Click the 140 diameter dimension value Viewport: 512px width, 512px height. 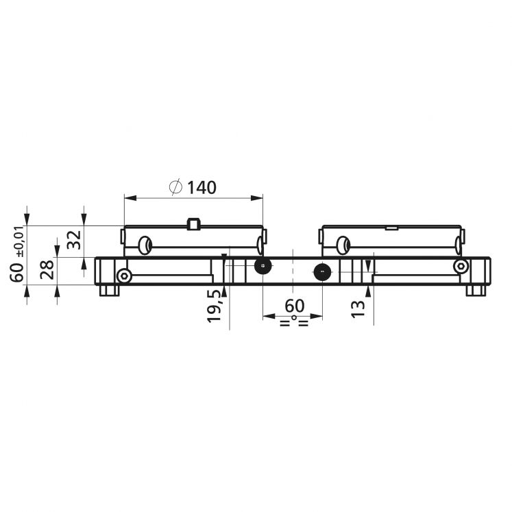pyautogui.click(x=202, y=187)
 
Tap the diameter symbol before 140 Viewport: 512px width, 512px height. pyautogui.click(x=175, y=187)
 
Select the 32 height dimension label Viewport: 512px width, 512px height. pyautogui.click(x=75, y=239)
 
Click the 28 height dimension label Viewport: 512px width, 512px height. pyautogui.click(x=47, y=269)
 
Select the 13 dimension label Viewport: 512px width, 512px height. pyautogui.click(x=357, y=306)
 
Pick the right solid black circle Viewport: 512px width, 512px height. pyautogui.click(x=322, y=271)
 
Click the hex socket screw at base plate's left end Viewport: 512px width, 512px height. pyautogui.click(x=124, y=276)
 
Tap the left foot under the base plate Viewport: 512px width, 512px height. pyautogui.click(x=108, y=291)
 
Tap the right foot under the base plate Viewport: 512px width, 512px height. pyautogui.click(x=475, y=291)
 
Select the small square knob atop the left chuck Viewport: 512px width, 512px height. pyautogui.click(x=193, y=223)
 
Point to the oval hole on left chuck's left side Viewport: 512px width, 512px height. pyautogui.click(x=145, y=244)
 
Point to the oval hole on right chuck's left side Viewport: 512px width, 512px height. pyautogui.click(x=342, y=244)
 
